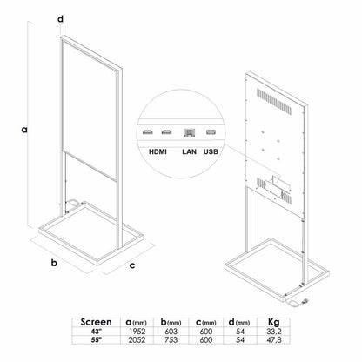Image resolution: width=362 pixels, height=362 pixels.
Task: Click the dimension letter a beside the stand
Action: pyautogui.click(x=24, y=130)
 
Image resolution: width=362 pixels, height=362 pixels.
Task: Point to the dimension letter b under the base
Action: pyautogui.click(x=54, y=263)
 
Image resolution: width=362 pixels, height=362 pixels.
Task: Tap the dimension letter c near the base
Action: pyautogui.click(x=132, y=265)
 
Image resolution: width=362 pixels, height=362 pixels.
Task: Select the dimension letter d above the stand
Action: pyautogui.click(x=60, y=19)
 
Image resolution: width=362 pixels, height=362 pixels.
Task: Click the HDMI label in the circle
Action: pyautogui.click(x=158, y=151)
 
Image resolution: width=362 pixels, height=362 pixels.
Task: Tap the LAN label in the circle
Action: pyautogui.click(x=189, y=151)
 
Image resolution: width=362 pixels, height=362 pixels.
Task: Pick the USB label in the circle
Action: pyautogui.click(x=211, y=151)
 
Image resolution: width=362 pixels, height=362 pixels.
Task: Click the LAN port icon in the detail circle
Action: pyautogui.click(x=189, y=133)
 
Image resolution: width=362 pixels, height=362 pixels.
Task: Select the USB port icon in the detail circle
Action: pyautogui.click(x=211, y=132)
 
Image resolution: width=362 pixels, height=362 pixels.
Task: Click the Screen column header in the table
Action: pyautogui.click(x=96, y=322)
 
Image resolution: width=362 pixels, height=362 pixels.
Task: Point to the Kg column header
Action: pyautogui.click(x=274, y=322)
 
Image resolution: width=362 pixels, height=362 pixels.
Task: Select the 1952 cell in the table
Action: pyautogui.click(x=137, y=332)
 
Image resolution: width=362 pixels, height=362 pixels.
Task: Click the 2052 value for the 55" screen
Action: pyautogui.click(x=137, y=339)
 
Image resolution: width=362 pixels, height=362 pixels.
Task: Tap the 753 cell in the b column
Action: pyautogui.click(x=171, y=339)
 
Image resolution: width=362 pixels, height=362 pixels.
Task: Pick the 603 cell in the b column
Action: pyautogui.click(x=171, y=332)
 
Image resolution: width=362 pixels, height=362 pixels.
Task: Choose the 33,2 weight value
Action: pyautogui.click(x=274, y=332)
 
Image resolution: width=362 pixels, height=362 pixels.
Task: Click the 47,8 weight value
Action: pyautogui.click(x=274, y=339)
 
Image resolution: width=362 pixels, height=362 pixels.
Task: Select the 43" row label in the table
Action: pyautogui.click(x=96, y=331)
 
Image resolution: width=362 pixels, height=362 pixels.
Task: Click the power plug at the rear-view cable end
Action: pyautogui.click(x=305, y=302)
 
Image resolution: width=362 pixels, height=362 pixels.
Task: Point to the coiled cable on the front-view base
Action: pyautogui.click(x=73, y=202)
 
